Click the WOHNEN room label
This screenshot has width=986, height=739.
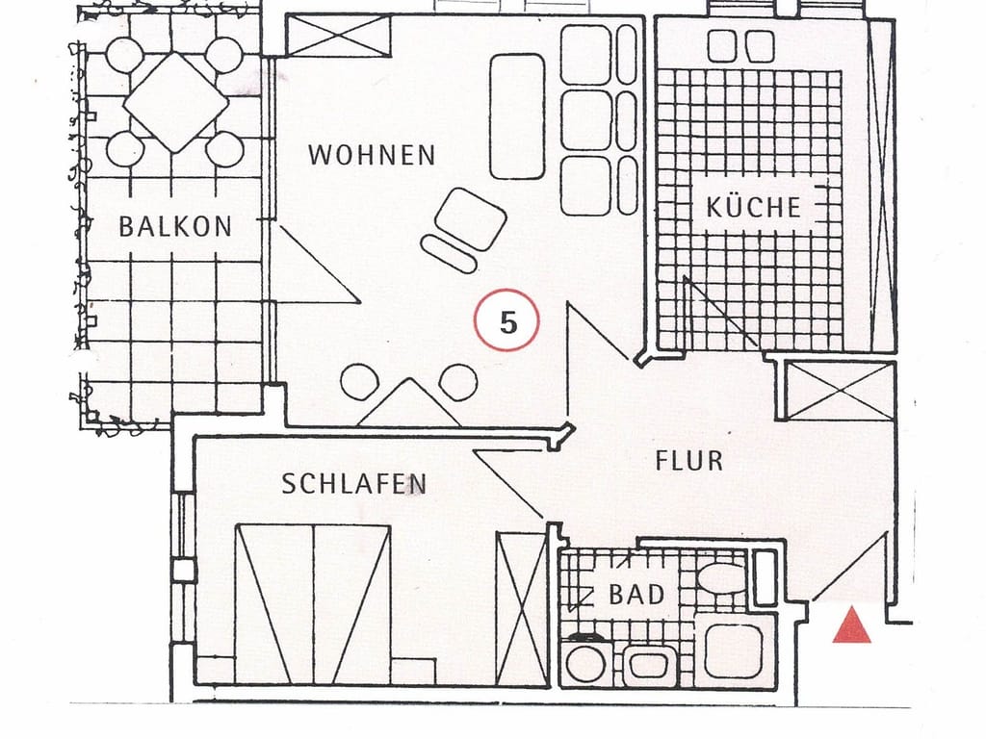click(372, 155)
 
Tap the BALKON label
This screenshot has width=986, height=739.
click(175, 226)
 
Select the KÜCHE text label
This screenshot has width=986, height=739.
click(753, 206)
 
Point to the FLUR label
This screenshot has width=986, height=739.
click(689, 461)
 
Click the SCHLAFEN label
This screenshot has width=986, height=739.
click(354, 484)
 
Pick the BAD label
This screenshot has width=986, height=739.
click(636, 594)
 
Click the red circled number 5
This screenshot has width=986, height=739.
click(506, 321)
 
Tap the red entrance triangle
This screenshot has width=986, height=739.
click(851, 625)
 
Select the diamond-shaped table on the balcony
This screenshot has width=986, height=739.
click(176, 102)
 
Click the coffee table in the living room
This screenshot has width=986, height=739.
click(517, 116)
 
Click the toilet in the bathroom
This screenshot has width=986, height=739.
click(721, 577)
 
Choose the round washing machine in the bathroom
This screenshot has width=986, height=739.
click(586, 662)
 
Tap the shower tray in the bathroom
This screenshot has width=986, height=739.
click(733, 651)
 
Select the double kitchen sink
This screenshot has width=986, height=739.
click(740, 46)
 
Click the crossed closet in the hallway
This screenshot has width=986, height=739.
click(840, 391)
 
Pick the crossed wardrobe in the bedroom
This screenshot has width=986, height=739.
click(521, 608)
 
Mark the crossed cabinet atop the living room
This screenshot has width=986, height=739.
click(338, 36)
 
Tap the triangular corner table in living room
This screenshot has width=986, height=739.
click(409, 403)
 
